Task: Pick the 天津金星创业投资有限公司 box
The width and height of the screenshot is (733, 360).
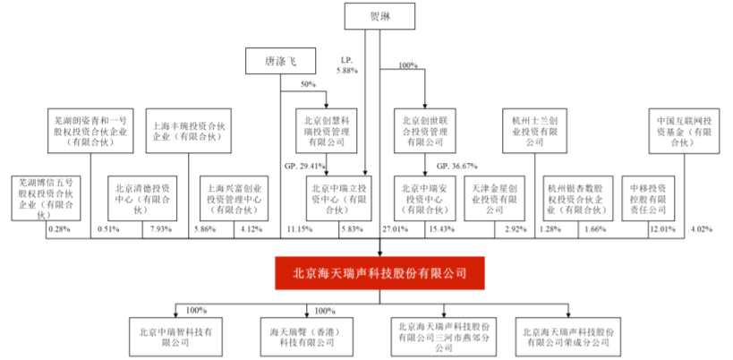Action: click(496, 196)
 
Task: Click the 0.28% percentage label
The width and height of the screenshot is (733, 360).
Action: click(59, 231)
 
